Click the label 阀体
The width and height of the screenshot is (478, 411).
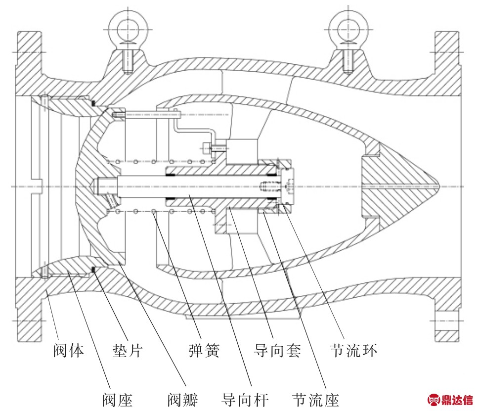tap(68, 350)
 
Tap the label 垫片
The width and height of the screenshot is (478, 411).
tap(128, 350)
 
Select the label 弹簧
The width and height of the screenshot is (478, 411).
tap(204, 350)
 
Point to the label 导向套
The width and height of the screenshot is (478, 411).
tap(277, 350)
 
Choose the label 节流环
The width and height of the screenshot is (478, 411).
tap(353, 350)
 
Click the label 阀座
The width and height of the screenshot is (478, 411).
tap(117, 400)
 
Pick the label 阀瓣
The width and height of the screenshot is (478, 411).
tap(182, 400)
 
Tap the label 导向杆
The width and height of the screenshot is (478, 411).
tap(245, 400)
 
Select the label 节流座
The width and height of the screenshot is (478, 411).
tap(315, 400)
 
